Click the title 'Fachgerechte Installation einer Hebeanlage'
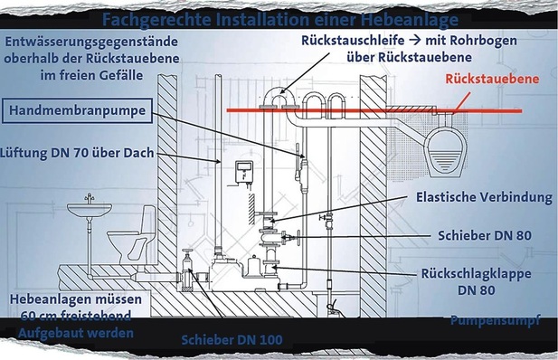click(x=279, y=19)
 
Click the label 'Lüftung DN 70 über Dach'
click(x=79, y=154)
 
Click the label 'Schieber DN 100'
click(x=232, y=339)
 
